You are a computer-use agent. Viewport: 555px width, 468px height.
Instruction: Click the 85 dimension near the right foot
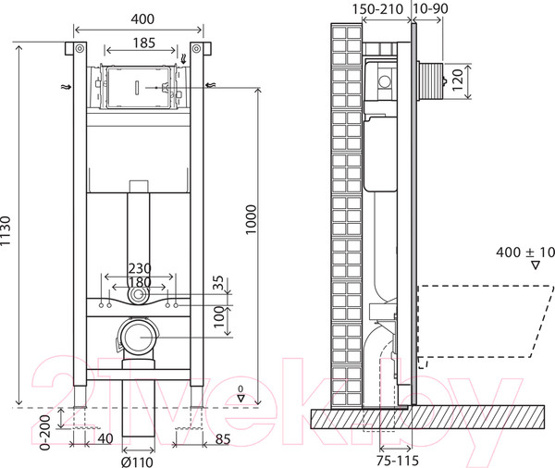pyautogui.click(x=222, y=438)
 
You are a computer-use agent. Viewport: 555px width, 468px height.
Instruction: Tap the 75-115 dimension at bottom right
pyautogui.click(x=377, y=457)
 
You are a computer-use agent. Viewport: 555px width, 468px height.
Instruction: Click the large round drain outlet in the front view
pyautogui.click(x=137, y=335)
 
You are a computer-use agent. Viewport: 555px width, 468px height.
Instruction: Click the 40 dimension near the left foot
pyautogui.click(x=104, y=438)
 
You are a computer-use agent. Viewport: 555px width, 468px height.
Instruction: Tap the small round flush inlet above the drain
pyautogui.click(x=138, y=295)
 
